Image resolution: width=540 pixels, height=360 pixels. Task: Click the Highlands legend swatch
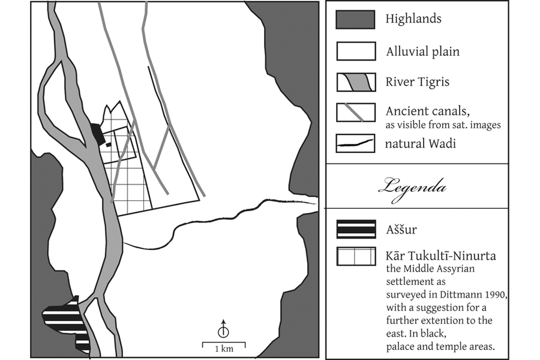pos(355,19)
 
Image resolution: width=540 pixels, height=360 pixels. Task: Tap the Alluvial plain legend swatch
pos(356,52)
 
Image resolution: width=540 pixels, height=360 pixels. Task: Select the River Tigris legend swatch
pos(356,82)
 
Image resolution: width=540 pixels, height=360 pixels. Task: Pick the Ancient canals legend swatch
pos(356,112)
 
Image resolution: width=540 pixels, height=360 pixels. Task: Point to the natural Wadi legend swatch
pos(355,143)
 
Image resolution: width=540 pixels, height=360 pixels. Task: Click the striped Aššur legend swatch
pos(356,229)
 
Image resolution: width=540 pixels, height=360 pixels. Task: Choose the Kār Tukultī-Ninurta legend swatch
pos(356,256)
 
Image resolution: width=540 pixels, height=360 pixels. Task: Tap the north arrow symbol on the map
pos(224,328)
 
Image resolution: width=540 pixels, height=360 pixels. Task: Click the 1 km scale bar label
pos(224,349)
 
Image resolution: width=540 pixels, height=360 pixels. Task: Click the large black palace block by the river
pos(97,134)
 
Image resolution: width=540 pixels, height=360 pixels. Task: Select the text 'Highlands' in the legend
pos(413,19)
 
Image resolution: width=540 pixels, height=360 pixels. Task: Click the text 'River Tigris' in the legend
pos(418,82)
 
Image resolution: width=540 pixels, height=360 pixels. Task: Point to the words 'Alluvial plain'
pos(422,52)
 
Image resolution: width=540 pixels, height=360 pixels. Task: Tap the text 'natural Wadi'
pos(420,143)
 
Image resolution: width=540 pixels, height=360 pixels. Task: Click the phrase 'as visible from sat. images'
pos(443,125)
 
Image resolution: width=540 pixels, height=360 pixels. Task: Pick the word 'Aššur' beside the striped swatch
pos(401,229)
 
